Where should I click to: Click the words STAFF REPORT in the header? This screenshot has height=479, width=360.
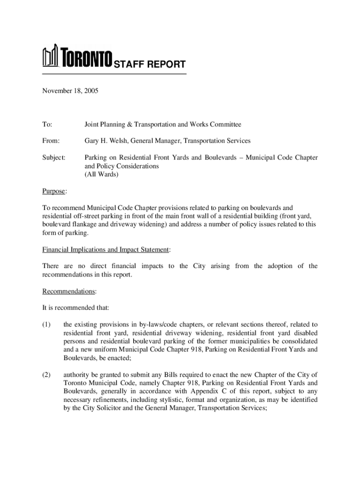coord(150,65)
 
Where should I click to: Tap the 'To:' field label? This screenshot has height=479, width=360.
coord(47,124)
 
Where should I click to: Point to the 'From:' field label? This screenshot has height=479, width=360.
coord(51,141)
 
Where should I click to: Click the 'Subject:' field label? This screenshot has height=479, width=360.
coord(54,158)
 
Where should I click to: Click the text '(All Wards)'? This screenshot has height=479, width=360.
coord(101,174)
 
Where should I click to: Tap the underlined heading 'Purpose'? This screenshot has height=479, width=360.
coord(54,191)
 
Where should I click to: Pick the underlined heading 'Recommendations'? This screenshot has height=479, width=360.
coord(69,291)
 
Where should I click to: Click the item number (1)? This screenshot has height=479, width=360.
coord(47,324)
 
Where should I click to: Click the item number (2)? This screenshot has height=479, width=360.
coord(47,375)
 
